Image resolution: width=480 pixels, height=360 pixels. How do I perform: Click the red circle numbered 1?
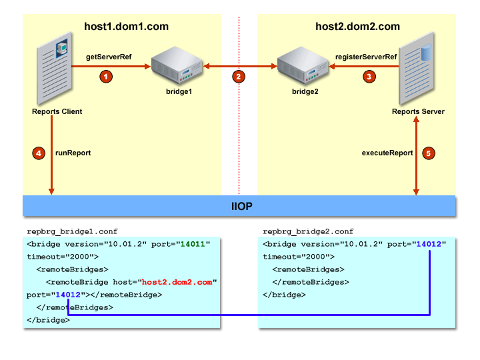[106, 77]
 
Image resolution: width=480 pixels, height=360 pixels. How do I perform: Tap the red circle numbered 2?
[239, 77]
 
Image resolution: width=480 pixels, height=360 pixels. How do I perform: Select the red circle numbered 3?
[369, 77]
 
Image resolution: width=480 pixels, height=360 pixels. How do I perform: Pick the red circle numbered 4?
[39, 153]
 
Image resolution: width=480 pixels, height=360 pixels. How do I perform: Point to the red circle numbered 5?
[429, 153]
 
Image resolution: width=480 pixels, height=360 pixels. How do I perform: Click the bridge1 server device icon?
[177, 65]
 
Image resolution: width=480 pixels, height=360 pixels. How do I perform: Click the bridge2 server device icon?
[303, 65]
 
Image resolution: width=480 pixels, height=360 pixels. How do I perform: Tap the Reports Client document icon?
[55, 69]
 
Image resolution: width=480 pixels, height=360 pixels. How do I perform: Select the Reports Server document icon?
[416, 69]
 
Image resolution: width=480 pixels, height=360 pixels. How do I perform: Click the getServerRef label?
[109, 57]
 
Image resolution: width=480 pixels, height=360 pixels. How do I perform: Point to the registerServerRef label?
[366, 57]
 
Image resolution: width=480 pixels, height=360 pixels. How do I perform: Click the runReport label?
[73, 153]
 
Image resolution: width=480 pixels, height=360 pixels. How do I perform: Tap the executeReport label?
[387, 153]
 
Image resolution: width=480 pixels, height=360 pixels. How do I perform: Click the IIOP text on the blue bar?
[241, 206]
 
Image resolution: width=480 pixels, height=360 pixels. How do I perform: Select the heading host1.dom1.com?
[126, 27]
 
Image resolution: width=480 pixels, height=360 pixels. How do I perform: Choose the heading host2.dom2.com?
[357, 27]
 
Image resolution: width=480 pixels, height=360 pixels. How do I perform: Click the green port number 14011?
[193, 244]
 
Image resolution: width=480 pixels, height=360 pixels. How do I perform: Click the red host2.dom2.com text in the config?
[177, 282]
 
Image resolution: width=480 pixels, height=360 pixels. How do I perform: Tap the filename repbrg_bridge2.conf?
[308, 231]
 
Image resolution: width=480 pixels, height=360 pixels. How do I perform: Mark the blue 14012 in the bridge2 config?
[429, 244]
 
